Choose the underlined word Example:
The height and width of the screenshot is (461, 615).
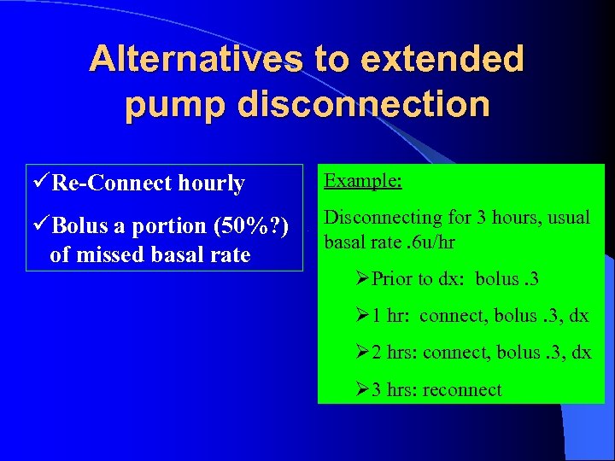tap(364, 182)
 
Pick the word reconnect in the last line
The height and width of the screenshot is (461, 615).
tap(462, 390)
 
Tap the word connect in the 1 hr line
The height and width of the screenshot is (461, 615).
tap(452, 316)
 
